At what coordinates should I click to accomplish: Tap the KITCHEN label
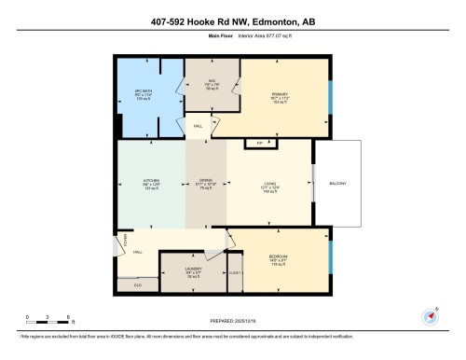point(152,180)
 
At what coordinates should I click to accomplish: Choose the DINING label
point(205,181)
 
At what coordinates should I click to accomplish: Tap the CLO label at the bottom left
point(137,284)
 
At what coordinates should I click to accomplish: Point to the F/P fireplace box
point(260,143)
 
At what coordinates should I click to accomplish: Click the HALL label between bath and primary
point(198,125)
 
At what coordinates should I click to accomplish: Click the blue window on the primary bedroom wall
point(331,94)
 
